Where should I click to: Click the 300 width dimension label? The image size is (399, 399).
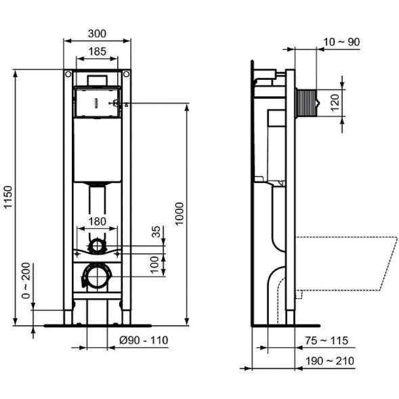pyautogui.click(x=97, y=34)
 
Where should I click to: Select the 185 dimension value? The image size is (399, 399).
pyautogui.click(x=97, y=51)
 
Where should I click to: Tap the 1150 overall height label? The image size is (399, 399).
pyautogui.click(x=8, y=197)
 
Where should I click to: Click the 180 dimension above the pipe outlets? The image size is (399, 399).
pyautogui.click(x=97, y=220)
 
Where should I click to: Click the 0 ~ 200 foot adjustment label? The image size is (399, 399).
pyautogui.click(x=25, y=282)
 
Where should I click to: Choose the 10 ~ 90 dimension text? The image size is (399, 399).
pyautogui.click(x=341, y=42)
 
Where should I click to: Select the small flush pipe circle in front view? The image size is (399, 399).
pyautogui.click(x=97, y=245)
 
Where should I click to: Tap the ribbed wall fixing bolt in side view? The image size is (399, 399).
pyautogui.click(x=307, y=103)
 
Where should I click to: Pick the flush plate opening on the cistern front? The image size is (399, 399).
pyautogui.click(x=97, y=102)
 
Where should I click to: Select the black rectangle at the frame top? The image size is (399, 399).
pyautogui.click(x=97, y=80)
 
